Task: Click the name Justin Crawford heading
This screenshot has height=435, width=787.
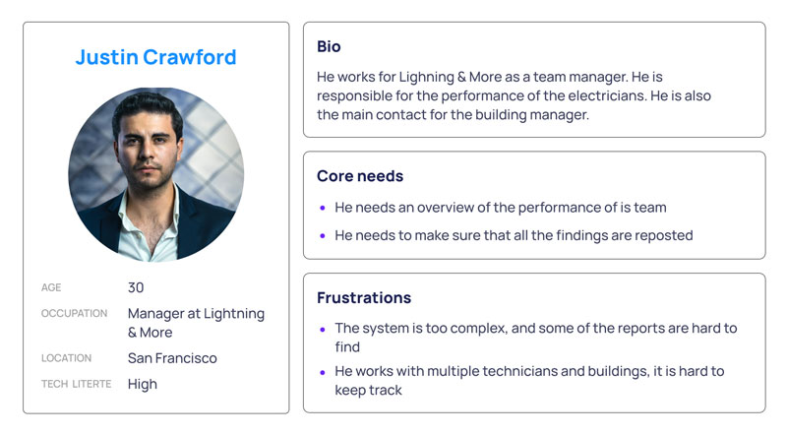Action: [x=155, y=57]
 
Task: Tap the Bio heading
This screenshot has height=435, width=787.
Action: [x=329, y=46]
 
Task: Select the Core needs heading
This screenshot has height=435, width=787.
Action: [x=360, y=176]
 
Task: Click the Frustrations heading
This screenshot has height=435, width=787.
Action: [x=364, y=298]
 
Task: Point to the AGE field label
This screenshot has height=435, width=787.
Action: [x=51, y=287]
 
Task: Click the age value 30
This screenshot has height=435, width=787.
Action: [x=136, y=287]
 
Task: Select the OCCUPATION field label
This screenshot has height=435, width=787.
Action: [x=75, y=313]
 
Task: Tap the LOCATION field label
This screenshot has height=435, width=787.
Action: [x=66, y=358]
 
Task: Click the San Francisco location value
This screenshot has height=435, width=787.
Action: [x=172, y=358]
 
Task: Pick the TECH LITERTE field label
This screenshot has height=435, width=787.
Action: [x=77, y=384]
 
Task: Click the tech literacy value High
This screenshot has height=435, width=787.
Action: [x=142, y=384]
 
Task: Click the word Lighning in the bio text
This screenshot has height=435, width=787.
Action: [x=427, y=78]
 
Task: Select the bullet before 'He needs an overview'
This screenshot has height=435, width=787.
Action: [x=323, y=208]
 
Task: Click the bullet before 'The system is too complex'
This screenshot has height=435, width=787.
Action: [x=323, y=330]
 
